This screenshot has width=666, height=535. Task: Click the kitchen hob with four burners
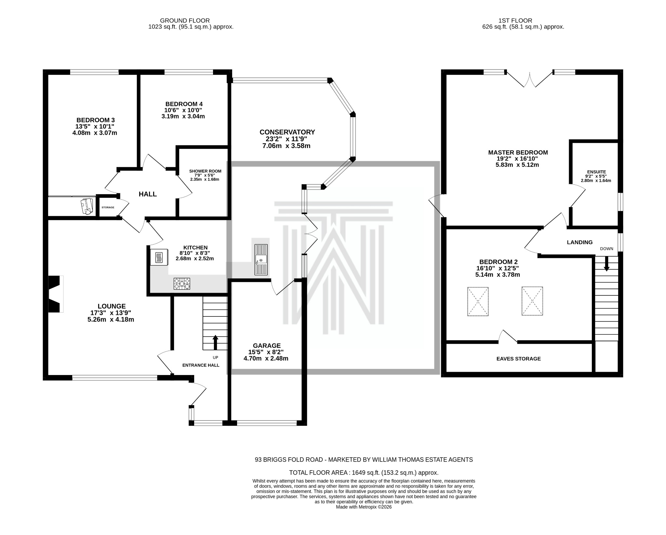tap(182, 284)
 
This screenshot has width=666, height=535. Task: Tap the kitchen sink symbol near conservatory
tap(261, 260)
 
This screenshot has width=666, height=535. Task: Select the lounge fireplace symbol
tap(55, 294)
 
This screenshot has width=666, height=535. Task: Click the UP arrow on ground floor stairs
tap(215, 342)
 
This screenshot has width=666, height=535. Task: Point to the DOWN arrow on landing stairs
tap(606, 263)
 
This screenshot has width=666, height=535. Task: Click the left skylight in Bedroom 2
tap(478, 301)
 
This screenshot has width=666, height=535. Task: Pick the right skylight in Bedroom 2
tap(532, 301)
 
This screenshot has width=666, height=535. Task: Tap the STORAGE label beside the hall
tap(108, 207)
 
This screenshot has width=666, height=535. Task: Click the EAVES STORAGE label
tap(518, 359)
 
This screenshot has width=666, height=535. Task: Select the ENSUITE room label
tap(596, 172)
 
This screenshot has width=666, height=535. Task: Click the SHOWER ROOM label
tap(205, 171)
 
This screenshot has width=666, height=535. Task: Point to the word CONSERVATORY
tap(287, 132)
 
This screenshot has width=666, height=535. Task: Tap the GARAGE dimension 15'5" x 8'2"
tap(266, 352)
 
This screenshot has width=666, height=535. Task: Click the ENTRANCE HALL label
tap(201, 365)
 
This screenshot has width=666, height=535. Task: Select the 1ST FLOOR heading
tap(523, 20)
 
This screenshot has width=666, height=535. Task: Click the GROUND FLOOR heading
tap(185, 20)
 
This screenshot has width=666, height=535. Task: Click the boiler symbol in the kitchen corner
tap(159, 258)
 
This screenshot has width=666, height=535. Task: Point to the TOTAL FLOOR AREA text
tap(364, 473)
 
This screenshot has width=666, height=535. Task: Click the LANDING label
tap(579, 242)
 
